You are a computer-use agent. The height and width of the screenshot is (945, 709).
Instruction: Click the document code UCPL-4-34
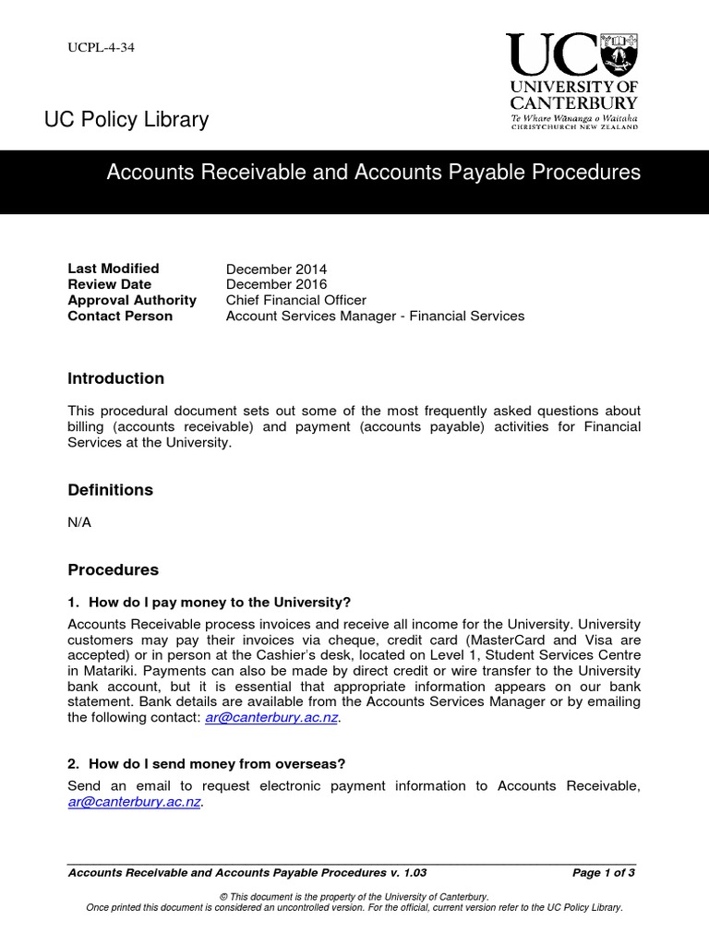pyautogui.click(x=102, y=47)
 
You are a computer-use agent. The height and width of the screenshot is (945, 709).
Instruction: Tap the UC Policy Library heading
pyautogui.click(x=126, y=120)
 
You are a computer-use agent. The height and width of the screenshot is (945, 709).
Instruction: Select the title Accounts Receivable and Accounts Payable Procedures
pyautogui.click(x=374, y=173)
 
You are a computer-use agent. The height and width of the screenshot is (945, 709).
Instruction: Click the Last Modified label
pyautogui.click(x=114, y=269)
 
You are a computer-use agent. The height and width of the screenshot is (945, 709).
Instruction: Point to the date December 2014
pyautogui.click(x=276, y=269)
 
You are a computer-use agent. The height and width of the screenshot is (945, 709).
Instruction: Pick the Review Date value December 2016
pyautogui.click(x=276, y=285)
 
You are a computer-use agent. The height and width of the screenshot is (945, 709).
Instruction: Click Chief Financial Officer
pyautogui.click(x=296, y=301)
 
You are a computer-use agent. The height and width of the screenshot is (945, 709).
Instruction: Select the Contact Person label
pyautogui.click(x=120, y=317)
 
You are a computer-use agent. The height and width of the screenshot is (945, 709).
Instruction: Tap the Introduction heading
pyautogui.click(x=116, y=378)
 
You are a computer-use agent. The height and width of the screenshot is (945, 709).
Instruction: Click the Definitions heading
pyautogui.click(x=111, y=490)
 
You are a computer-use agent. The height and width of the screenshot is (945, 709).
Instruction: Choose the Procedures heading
pyautogui.click(x=114, y=570)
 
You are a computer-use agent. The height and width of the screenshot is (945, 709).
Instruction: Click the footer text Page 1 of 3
pyautogui.click(x=604, y=873)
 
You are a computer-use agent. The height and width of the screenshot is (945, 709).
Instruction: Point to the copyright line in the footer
pyautogui.click(x=354, y=897)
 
